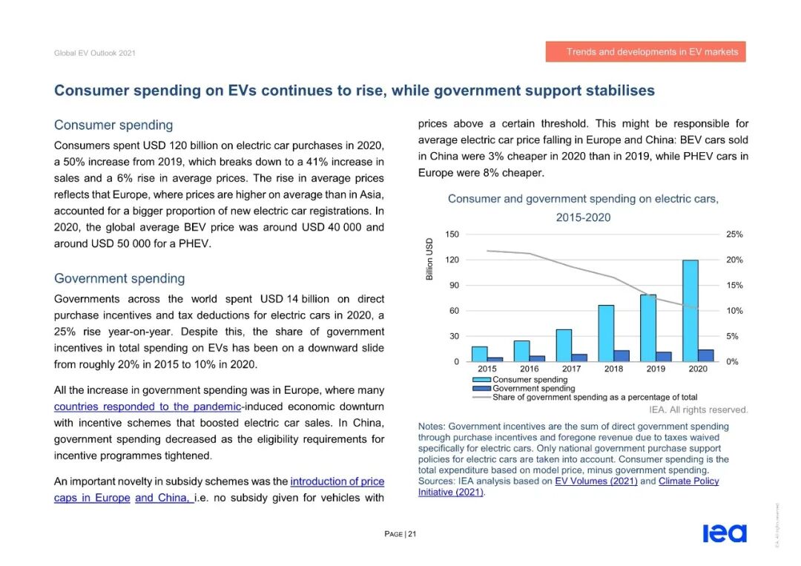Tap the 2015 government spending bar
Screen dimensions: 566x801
click(x=495, y=359)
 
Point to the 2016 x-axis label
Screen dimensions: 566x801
click(x=530, y=369)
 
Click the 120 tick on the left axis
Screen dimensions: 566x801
click(x=452, y=260)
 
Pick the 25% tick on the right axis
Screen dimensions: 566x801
click(x=734, y=234)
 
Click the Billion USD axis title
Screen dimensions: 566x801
click(x=429, y=260)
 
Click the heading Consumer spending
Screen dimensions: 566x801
click(x=113, y=125)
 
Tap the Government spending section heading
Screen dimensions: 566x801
click(x=119, y=279)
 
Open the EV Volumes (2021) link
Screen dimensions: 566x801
click(x=596, y=481)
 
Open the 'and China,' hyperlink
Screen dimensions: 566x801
click(x=165, y=498)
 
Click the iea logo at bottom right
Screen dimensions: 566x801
click(x=725, y=533)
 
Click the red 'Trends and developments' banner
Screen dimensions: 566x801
click(x=645, y=52)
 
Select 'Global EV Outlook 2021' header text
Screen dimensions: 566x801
click(x=95, y=53)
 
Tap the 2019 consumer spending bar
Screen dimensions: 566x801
click(x=648, y=328)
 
